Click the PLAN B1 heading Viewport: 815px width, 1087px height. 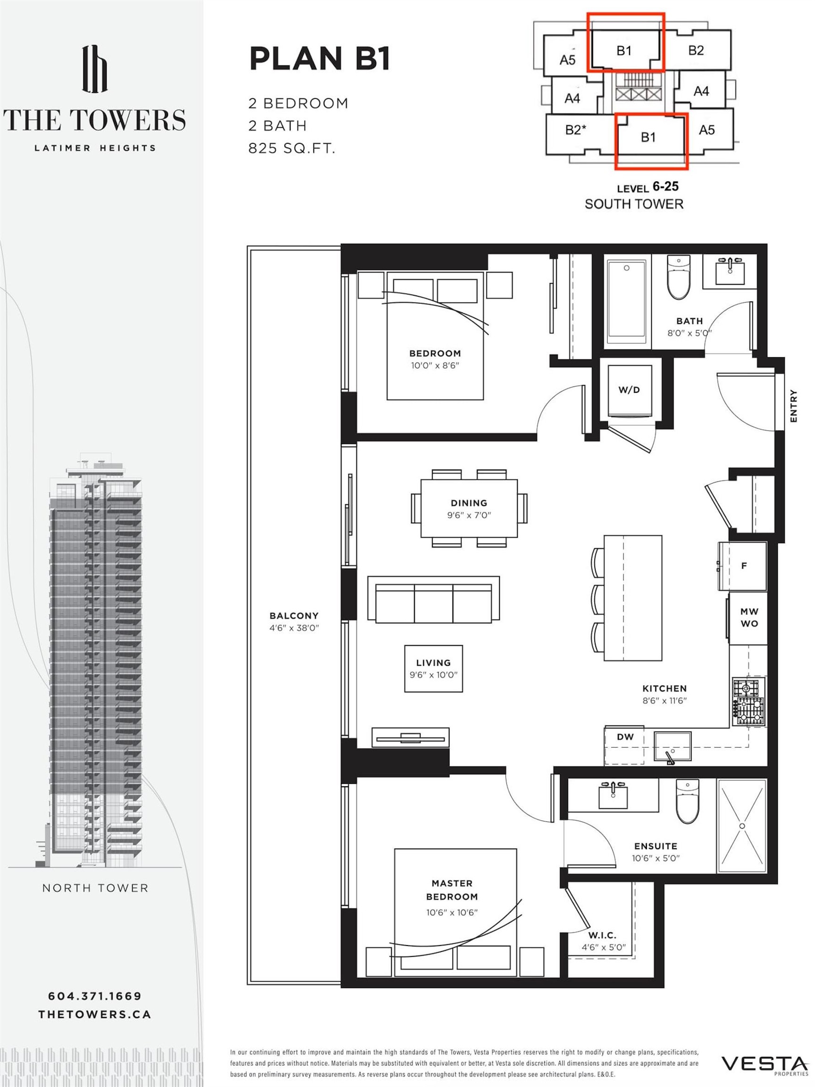point(319,59)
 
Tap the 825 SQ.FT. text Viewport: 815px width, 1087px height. point(292,149)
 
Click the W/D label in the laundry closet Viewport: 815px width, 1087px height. point(629,390)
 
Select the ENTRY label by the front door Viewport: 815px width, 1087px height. point(793,405)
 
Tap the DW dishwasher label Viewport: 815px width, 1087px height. point(625,736)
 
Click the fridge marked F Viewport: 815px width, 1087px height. point(743,566)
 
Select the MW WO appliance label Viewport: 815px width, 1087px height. point(748,618)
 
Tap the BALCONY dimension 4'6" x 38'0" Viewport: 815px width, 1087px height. point(294,628)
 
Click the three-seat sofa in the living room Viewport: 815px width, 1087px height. point(433,600)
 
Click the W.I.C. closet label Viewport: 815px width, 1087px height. point(602,935)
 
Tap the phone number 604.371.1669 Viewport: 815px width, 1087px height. point(94,996)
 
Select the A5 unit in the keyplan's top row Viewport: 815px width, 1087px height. point(567,60)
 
